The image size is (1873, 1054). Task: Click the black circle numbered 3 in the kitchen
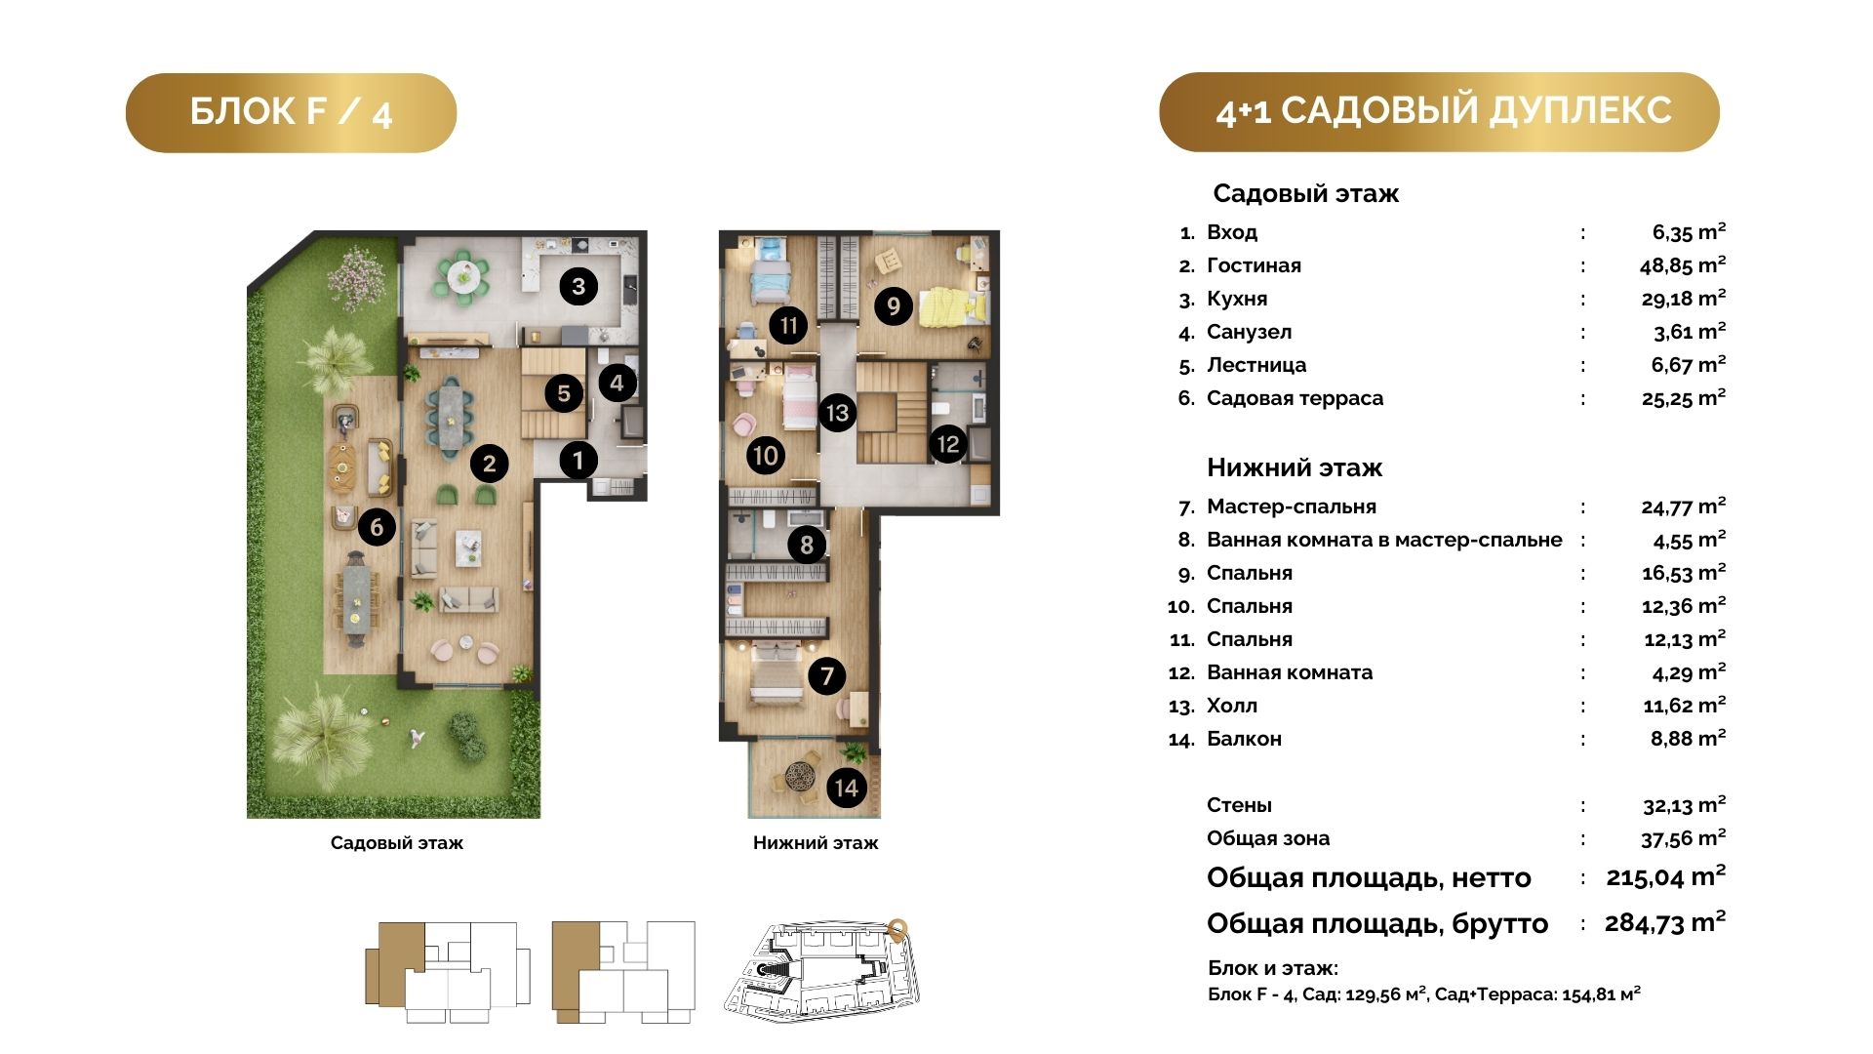coord(578,287)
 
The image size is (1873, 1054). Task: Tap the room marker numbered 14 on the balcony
coord(846,789)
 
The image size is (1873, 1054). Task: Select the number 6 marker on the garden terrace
coord(377,528)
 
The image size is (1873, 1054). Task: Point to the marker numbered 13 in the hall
coord(837,413)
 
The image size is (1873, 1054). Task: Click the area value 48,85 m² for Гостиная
coord(1683,264)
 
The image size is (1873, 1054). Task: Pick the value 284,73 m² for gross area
coord(1665,922)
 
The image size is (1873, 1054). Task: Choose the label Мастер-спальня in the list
coord(1292,507)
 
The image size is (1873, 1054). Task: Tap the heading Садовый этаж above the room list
coord(1305,193)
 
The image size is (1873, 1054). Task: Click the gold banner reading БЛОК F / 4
coord(291,112)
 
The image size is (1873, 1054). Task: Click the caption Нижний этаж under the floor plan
coord(816,843)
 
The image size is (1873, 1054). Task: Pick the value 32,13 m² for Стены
coord(1684,805)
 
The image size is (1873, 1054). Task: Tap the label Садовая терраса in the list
coord(1295,398)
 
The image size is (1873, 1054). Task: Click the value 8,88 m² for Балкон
coord(1688,739)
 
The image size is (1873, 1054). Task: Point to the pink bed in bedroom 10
coord(800,397)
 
